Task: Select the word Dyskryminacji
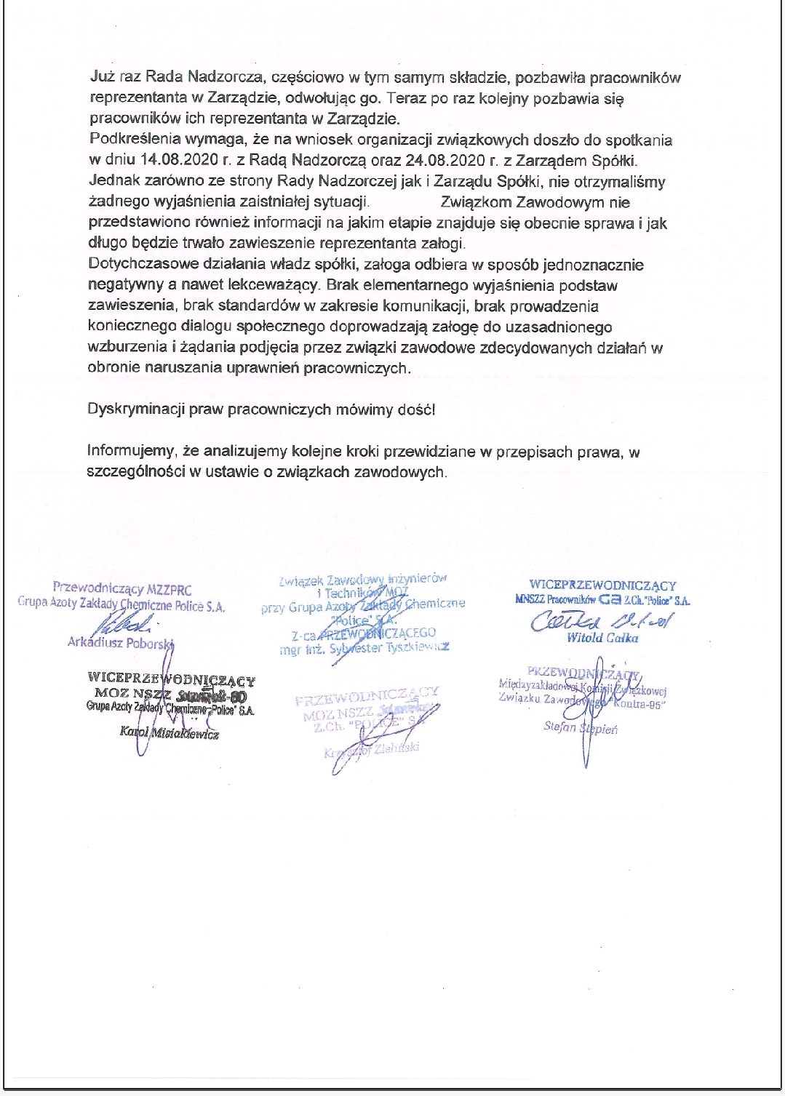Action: point(127,409)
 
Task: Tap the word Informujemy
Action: point(127,452)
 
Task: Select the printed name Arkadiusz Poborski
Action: point(120,643)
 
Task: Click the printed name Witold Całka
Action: point(602,638)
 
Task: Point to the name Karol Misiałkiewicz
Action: point(170,733)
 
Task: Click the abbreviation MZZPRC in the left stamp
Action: point(169,589)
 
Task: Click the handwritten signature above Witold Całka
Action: point(600,620)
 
